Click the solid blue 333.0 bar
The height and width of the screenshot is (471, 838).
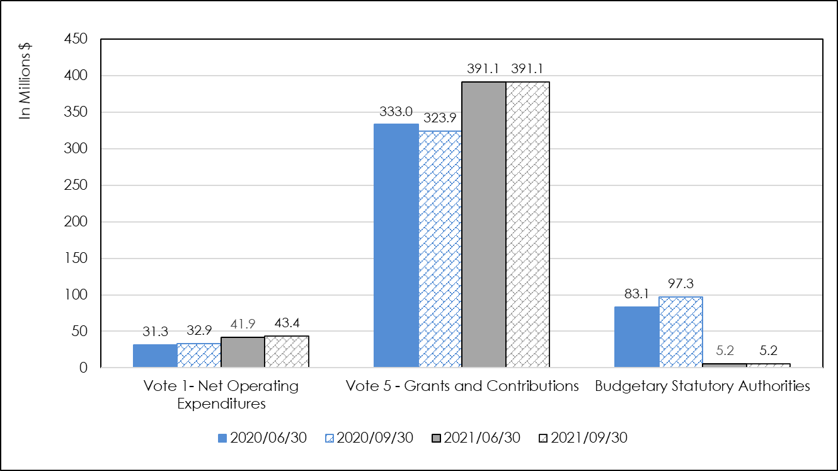396,246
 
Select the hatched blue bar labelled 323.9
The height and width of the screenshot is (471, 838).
440,249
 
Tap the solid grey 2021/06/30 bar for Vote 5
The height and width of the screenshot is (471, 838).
484,225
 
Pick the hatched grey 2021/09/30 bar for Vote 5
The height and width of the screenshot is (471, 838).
528,225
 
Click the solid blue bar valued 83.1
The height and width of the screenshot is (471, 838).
636,337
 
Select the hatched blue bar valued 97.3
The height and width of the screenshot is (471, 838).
680,332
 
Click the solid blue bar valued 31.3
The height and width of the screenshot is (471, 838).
155,356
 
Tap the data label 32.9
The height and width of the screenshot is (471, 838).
199,331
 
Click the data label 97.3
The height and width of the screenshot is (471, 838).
680,284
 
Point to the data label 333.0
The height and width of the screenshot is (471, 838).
396,112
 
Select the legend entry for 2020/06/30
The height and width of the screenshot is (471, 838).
261,438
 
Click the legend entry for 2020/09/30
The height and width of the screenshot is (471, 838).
369,438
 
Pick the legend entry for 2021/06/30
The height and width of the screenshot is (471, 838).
476,438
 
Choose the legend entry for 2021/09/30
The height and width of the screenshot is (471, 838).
583,438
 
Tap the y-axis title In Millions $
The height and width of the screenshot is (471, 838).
25,79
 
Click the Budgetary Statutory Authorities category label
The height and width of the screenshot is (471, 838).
703,387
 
